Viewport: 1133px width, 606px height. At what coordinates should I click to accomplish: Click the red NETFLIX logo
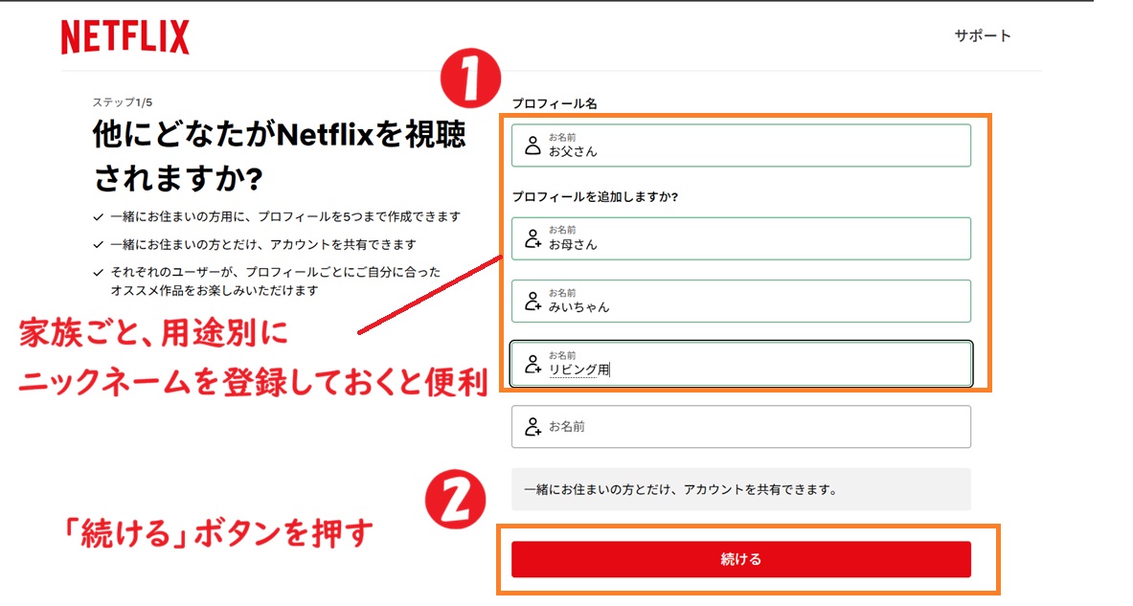coord(125,37)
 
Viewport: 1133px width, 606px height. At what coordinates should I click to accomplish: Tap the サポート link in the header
coord(982,36)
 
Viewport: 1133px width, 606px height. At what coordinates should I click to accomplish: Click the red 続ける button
coord(740,559)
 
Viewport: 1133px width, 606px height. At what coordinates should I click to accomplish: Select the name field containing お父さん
coord(740,146)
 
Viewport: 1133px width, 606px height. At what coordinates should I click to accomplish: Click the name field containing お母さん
coord(740,238)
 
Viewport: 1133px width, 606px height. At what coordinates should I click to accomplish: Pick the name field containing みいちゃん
coord(740,301)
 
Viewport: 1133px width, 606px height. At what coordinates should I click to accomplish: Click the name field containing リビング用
coord(740,364)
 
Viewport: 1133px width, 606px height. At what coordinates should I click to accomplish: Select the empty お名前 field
coord(740,427)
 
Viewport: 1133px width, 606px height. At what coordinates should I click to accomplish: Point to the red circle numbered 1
coord(470,79)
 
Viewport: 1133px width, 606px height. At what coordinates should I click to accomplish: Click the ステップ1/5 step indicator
coord(123,101)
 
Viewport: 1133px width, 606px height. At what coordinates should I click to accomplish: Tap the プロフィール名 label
coord(554,103)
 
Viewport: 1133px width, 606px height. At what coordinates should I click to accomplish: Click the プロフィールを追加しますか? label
coord(595,196)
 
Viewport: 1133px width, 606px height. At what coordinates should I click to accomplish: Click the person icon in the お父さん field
coord(533,146)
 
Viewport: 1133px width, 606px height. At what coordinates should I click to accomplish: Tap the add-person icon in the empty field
coord(533,427)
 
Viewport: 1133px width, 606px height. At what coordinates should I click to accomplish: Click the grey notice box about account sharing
coord(740,489)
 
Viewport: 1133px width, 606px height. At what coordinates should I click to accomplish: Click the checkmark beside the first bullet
coord(99,216)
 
